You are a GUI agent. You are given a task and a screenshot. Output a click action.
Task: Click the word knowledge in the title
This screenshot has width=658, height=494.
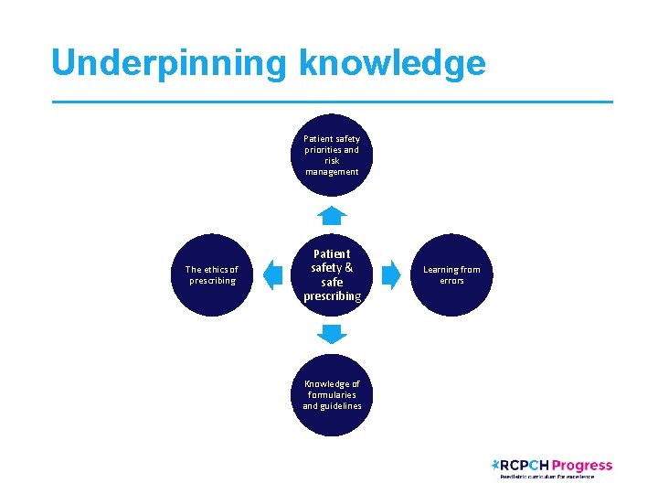coord(391,63)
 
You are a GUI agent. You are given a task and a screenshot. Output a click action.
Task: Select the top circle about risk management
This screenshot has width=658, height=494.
coord(332,155)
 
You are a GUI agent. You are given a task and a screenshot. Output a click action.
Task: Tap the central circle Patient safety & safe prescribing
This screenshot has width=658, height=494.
coord(332,274)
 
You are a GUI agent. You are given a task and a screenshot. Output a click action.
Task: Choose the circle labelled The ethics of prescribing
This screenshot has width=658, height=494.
coord(211,274)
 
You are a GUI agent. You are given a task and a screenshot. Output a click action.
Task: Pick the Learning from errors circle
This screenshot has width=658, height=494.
coord(451,274)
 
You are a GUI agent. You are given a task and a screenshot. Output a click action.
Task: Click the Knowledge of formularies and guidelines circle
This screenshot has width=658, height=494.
coord(332,394)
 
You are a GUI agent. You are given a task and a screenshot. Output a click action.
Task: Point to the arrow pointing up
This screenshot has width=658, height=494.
coord(333,216)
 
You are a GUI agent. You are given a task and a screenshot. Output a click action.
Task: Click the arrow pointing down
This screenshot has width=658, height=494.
coord(333,334)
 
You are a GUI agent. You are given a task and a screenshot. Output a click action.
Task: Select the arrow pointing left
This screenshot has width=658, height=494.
coord(272,274)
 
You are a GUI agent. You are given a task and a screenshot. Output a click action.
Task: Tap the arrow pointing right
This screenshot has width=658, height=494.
coord(391,274)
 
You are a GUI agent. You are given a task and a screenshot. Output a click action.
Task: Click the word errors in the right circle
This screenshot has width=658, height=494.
coord(451,281)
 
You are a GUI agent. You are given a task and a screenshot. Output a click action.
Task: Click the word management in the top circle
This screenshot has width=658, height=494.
coord(332,172)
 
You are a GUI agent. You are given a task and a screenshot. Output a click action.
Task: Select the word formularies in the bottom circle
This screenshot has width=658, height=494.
coord(332,395)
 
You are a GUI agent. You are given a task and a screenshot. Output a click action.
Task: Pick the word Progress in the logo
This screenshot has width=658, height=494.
coord(582,466)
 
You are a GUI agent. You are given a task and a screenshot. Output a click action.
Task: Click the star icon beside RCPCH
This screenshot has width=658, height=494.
coord(495,465)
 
